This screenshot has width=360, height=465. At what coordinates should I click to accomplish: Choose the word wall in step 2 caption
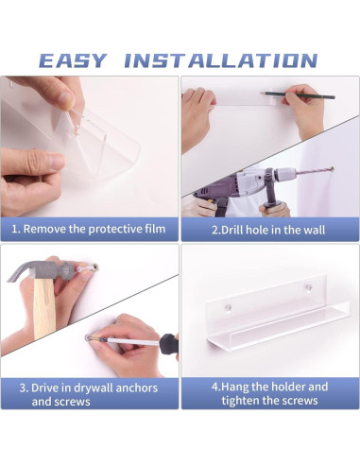click(x=319, y=229)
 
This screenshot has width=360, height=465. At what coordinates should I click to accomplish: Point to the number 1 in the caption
click(x=14, y=229)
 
